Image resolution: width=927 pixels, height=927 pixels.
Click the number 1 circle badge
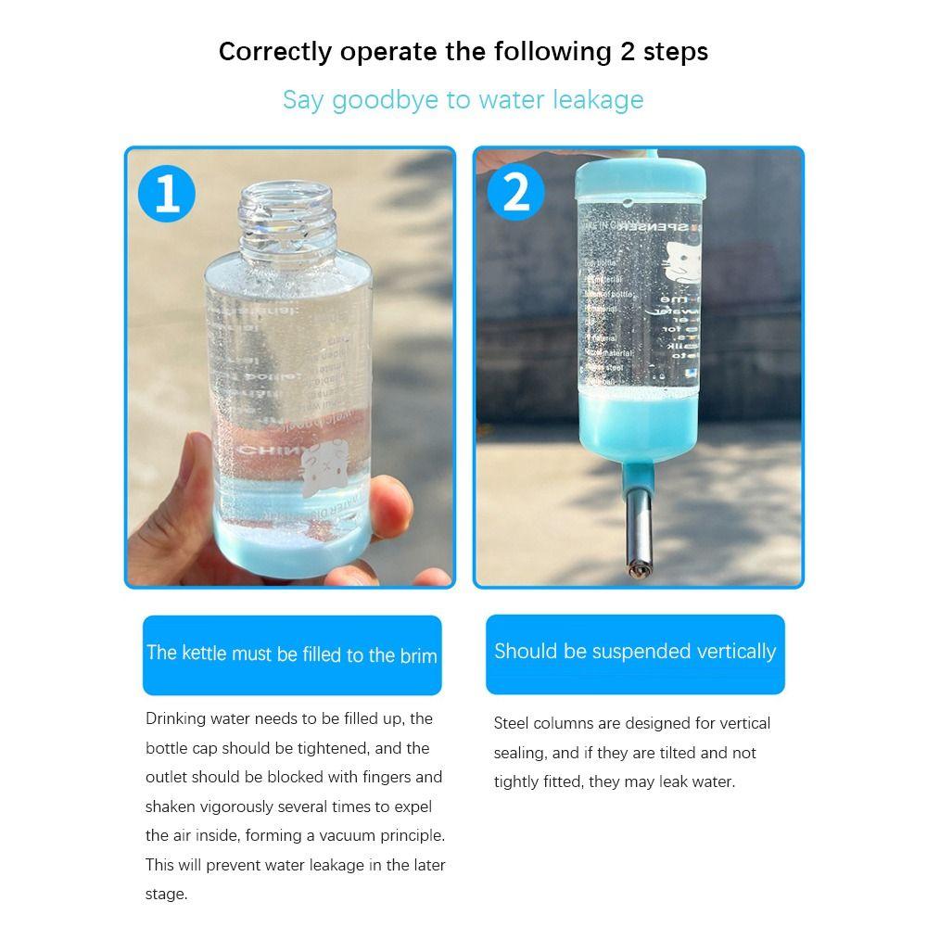(168, 195)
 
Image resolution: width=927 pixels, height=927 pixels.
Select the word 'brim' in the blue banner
(418, 655)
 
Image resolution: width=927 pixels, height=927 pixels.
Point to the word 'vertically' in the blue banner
(731, 651)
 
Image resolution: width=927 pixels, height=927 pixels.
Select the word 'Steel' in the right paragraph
(513, 723)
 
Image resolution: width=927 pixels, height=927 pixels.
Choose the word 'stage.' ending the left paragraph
(167, 895)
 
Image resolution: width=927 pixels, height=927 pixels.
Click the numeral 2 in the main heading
(629, 51)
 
